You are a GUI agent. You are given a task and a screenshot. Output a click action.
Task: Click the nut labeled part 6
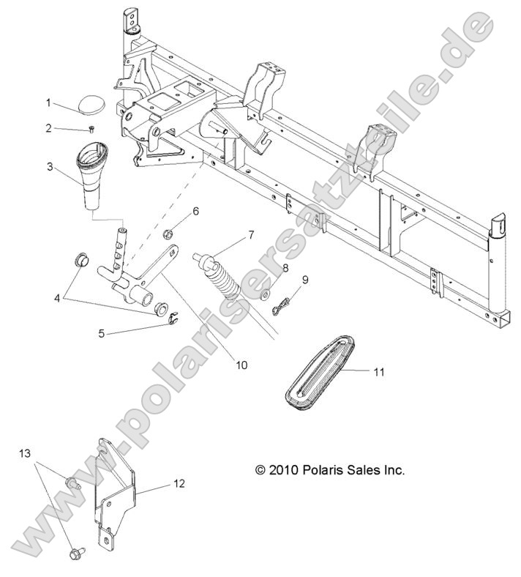tap(168, 234)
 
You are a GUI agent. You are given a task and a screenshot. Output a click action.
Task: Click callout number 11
tap(378, 372)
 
